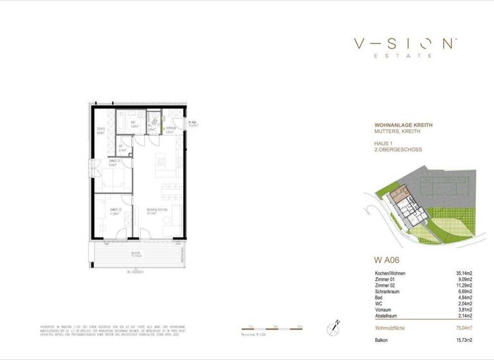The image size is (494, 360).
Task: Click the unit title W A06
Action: (x=387, y=260)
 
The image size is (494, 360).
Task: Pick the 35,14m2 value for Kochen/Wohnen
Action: (x=462, y=273)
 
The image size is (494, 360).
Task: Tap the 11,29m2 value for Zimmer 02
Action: (x=462, y=285)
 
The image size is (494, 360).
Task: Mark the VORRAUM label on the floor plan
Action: (x=170, y=129)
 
